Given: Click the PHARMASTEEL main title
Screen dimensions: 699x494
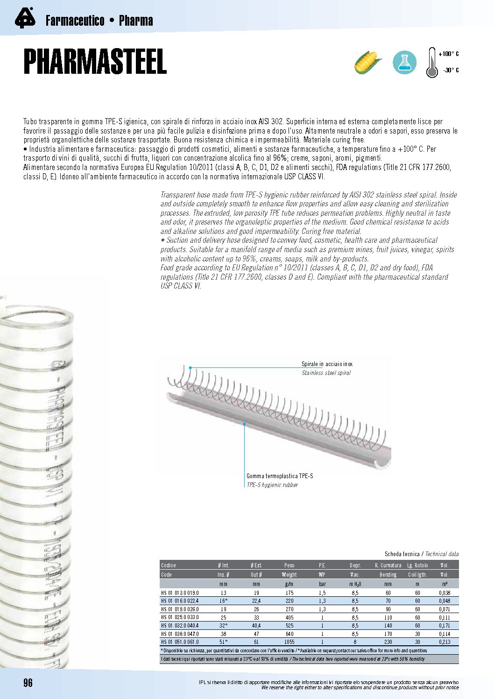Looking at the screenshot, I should tap(95, 62).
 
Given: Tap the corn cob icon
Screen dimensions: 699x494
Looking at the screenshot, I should tap(368, 63).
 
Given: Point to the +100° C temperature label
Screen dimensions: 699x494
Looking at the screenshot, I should tap(449, 54).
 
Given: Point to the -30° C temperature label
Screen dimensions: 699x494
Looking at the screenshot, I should tap(451, 71).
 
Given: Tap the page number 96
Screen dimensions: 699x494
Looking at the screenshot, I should tap(28, 683).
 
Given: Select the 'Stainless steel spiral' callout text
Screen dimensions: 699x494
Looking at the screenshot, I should tap(326, 373).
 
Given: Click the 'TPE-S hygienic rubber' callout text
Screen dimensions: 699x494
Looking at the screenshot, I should tap(272, 485).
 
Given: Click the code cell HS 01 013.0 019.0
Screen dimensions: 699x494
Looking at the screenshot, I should tap(180, 593).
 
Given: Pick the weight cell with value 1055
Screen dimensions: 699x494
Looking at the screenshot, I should tap(289, 642).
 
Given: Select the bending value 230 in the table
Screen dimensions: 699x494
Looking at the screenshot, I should tap(388, 642).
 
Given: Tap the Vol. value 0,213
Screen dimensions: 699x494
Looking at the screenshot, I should tap(445, 642).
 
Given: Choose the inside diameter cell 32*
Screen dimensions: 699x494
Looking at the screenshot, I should tap(223, 626).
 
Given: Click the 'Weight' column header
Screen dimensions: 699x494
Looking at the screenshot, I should tap(289, 574).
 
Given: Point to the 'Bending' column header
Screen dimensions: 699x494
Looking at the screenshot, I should tap(388, 574).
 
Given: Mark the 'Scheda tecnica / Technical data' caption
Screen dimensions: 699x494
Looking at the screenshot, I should tap(421, 554).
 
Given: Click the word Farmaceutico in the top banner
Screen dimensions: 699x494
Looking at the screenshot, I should tap(75, 21).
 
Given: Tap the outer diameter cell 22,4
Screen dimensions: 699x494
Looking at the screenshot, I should tap(256, 601).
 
